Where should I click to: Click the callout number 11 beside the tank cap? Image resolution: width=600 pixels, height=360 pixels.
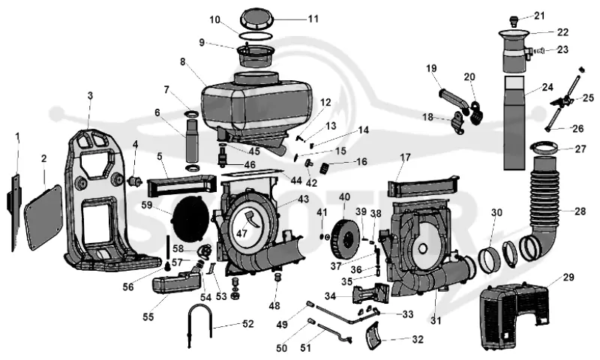(313, 19)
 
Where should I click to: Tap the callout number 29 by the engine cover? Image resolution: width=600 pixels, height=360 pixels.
(568, 277)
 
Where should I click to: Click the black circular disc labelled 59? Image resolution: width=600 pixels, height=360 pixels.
(191, 217)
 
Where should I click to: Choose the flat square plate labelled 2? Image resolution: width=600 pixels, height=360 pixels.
(43, 217)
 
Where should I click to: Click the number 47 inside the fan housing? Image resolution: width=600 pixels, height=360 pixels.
(241, 233)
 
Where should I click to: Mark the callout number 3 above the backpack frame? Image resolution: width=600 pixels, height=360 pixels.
(90, 96)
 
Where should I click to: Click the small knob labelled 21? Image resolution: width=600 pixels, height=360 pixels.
(514, 19)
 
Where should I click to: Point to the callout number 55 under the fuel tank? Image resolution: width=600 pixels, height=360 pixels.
(148, 317)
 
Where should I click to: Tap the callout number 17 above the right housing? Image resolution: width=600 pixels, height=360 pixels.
(405, 157)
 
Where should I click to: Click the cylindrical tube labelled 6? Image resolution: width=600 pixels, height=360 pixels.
(192, 142)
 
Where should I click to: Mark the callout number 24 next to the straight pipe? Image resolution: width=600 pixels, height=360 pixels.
(547, 87)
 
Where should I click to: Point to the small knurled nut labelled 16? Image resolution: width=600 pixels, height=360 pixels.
(326, 167)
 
